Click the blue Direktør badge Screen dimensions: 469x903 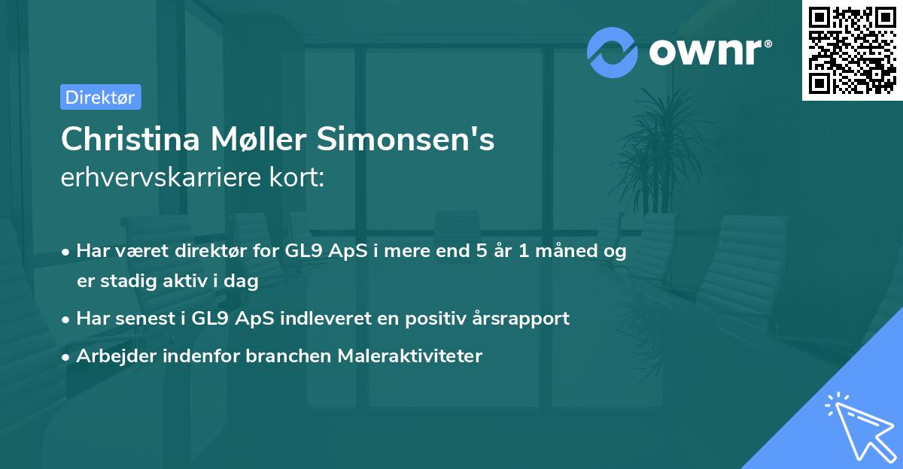[x=100, y=97]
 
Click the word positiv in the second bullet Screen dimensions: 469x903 [x=440, y=318]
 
